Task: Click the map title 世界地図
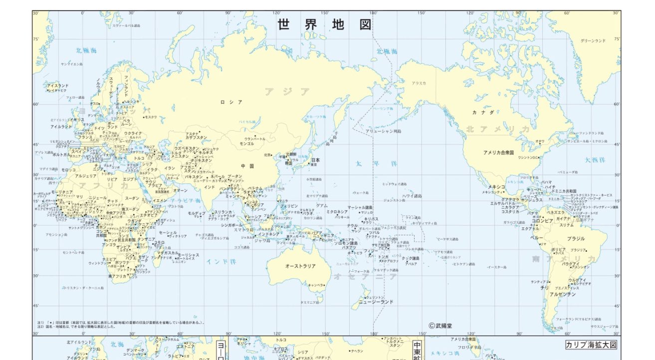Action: pos(325,25)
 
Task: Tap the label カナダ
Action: pos(483,113)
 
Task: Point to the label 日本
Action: pos(315,160)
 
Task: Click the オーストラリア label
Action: pos(300,266)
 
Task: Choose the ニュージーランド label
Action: pos(376,302)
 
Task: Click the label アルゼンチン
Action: pos(563,294)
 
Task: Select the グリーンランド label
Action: pos(593,41)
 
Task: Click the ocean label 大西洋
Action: pos(595,160)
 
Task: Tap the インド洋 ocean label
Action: pos(221,261)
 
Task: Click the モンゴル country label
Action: pos(247,144)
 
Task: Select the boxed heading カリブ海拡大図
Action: pos(591,345)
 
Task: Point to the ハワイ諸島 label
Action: pos(412,196)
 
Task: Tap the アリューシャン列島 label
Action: pos(383,131)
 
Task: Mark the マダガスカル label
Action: pos(167,253)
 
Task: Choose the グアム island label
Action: pos(322,205)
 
